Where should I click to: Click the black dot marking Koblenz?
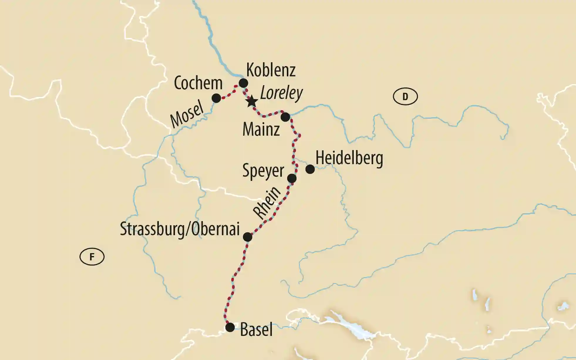(x=243, y=83)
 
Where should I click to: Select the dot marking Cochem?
(x=216, y=98)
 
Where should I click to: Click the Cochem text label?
(x=198, y=83)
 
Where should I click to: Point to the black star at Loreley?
(x=252, y=102)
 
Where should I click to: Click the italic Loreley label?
(x=281, y=93)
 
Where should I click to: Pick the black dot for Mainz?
(x=285, y=117)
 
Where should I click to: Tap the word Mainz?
(x=261, y=129)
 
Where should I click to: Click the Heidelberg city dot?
(x=310, y=169)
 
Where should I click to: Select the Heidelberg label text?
(x=349, y=159)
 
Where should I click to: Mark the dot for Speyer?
(x=292, y=178)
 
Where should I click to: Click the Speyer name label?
(x=263, y=171)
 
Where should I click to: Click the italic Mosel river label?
(x=187, y=114)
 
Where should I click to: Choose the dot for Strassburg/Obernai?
(x=247, y=237)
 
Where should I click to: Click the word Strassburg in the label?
(x=152, y=229)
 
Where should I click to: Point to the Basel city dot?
(x=230, y=327)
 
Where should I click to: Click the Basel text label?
(x=256, y=329)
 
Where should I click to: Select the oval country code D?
(x=405, y=96)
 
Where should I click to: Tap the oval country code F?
(x=92, y=257)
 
